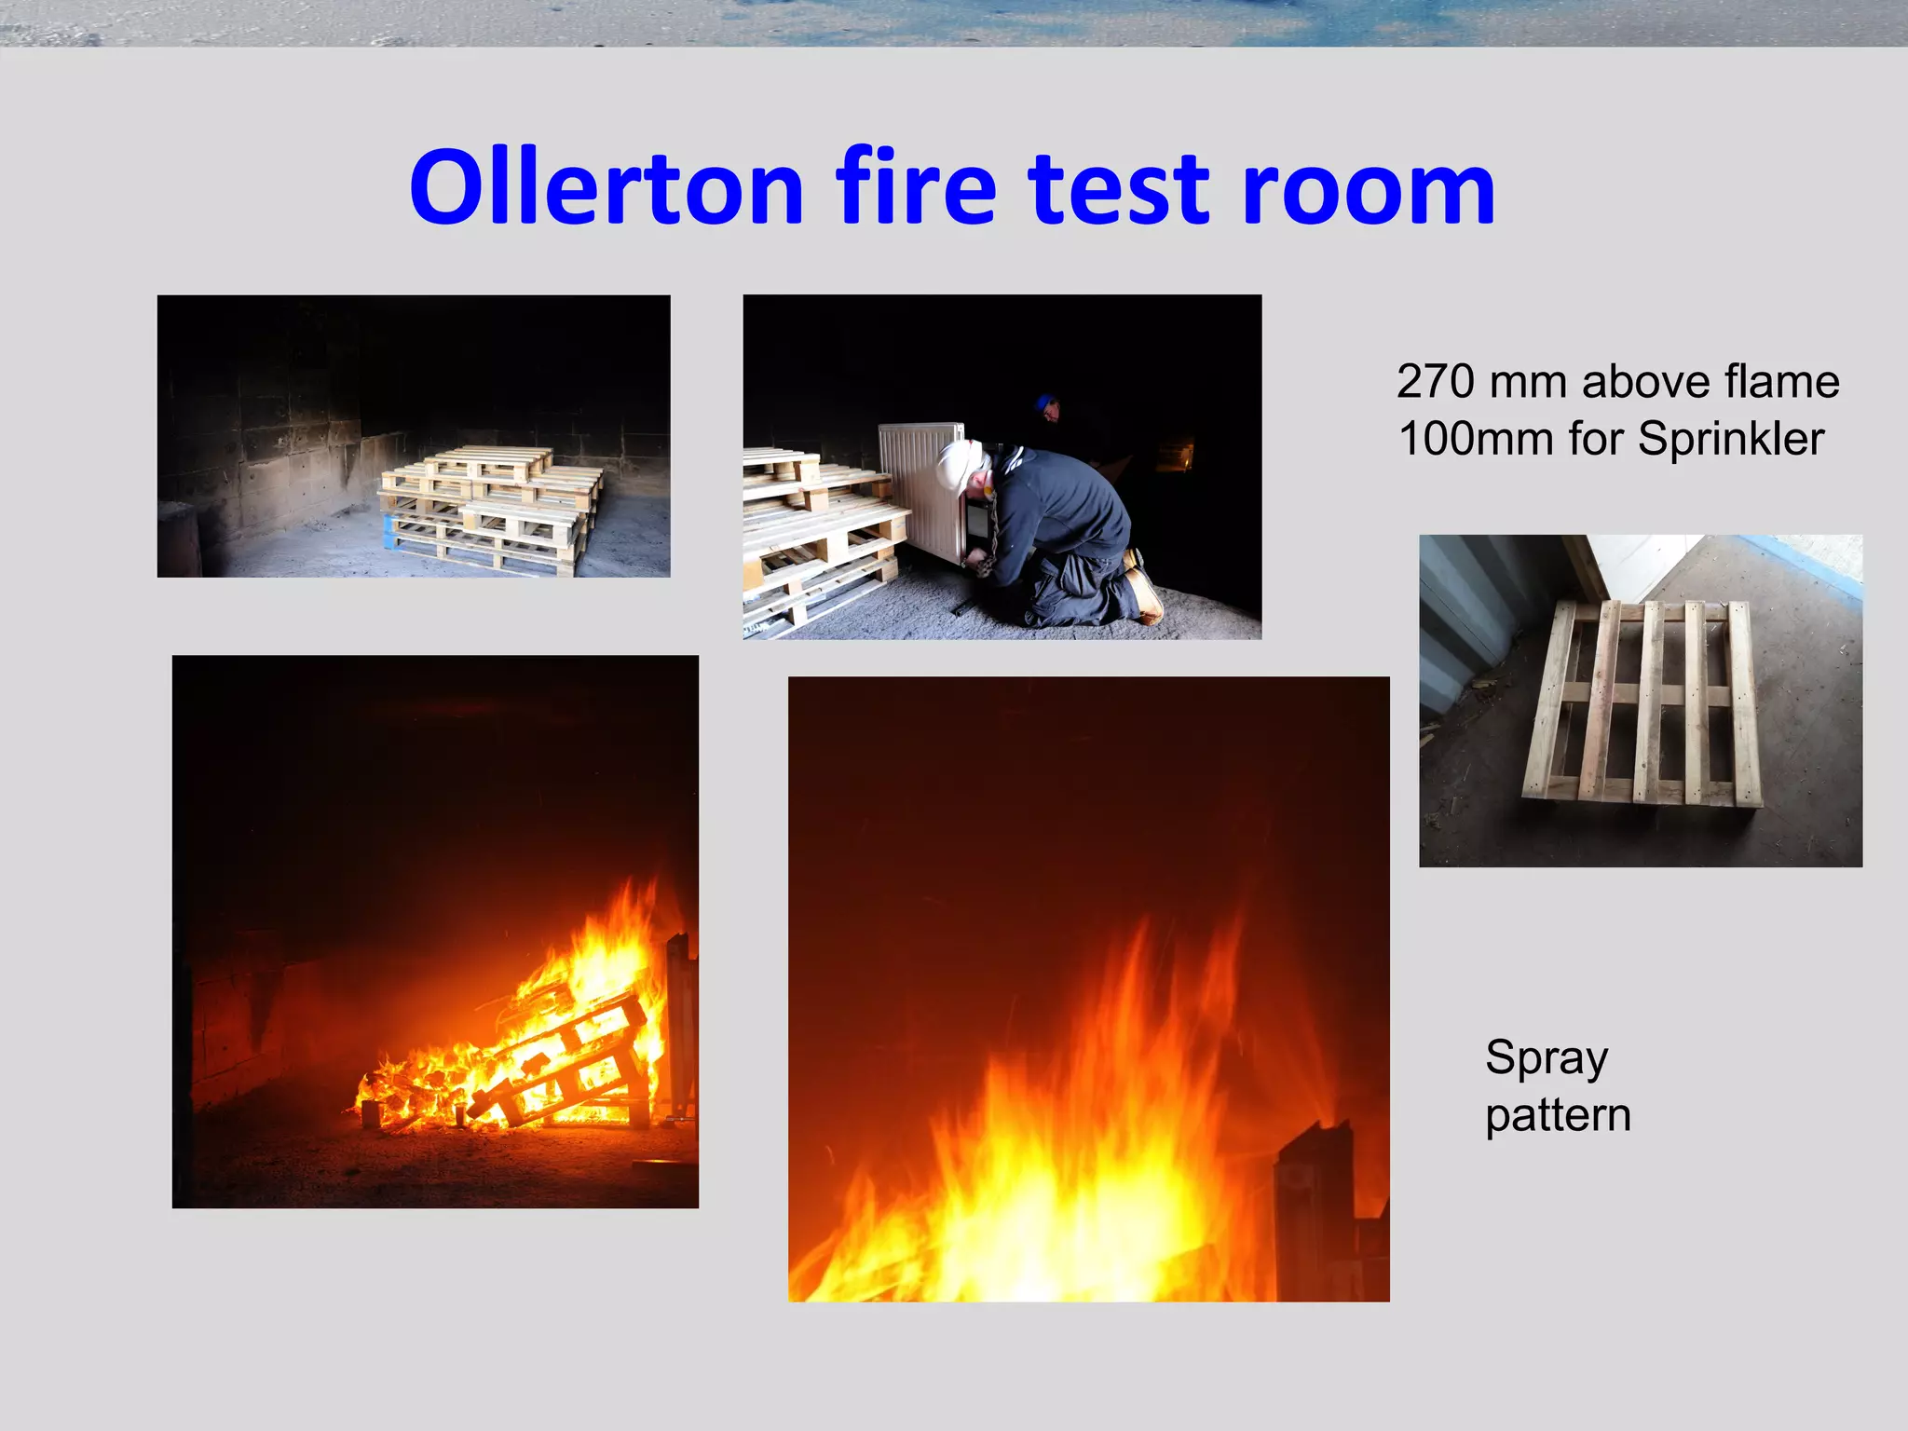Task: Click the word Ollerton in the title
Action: pos(606,189)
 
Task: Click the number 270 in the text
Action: pos(1436,382)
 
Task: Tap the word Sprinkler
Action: pos(1731,439)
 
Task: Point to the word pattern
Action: pos(1558,1115)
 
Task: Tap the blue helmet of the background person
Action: pos(1043,402)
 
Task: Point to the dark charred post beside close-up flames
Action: pos(1315,1211)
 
